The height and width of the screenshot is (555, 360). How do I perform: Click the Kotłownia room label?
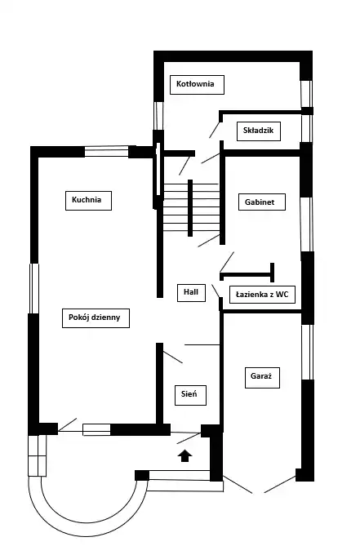tap(197, 85)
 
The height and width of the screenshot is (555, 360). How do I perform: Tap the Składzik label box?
tap(259, 131)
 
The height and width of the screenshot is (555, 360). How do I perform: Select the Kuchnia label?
tap(88, 201)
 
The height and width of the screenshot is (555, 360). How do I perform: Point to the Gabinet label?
tap(261, 202)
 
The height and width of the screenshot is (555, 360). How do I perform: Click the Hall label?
tap(191, 292)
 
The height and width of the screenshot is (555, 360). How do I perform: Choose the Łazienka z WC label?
tap(262, 295)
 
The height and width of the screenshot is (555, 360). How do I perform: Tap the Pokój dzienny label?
tap(96, 318)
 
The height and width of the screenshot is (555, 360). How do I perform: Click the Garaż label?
tap(262, 378)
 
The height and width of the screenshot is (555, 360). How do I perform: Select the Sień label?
tap(190, 395)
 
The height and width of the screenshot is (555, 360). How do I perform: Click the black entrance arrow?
tap(184, 456)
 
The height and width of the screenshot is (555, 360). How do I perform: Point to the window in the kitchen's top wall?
tap(107, 151)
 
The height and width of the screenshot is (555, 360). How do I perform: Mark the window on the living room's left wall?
tap(34, 288)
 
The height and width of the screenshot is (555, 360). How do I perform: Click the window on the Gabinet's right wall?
tap(307, 224)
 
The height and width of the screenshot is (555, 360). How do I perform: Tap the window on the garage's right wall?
tap(307, 353)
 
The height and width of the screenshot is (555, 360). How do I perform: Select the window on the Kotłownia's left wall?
tap(158, 116)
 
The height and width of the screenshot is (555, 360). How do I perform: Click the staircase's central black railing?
tap(190, 208)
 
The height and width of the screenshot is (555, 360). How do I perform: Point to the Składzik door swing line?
tap(214, 130)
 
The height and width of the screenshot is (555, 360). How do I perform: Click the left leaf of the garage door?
tap(238, 484)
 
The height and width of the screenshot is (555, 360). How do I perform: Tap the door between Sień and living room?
tap(172, 357)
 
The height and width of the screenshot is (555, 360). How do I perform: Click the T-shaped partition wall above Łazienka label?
tap(247, 274)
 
